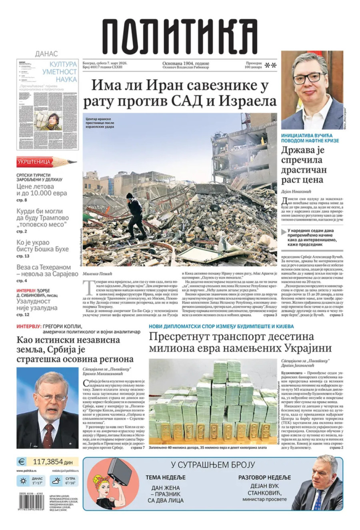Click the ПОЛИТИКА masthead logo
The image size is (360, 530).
[x=179, y=36]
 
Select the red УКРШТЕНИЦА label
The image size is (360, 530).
[x=34, y=162]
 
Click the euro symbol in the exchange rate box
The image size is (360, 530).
[x=22, y=462]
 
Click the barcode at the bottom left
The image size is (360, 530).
[x=32, y=502]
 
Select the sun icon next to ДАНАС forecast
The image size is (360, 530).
[x=22, y=480]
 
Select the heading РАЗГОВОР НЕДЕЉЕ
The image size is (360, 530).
[x=264, y=477]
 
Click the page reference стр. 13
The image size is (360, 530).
[x=23, y=256]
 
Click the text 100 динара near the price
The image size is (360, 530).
[x=253, y=67]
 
